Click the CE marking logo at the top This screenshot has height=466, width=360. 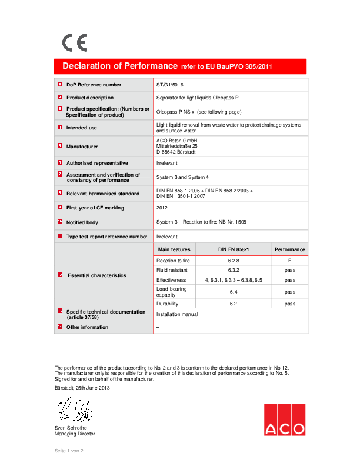[x=75, y=43]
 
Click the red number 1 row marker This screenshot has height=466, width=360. [x=59, y=85]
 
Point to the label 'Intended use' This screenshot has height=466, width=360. [x=82, y=127]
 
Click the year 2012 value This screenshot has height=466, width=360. [x=162, y=208]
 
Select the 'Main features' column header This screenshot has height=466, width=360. [x=174, y=249]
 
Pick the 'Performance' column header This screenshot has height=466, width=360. [x=289, y=249]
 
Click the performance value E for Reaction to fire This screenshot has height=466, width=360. [x=289, y=259]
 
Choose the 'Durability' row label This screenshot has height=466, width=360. [x=167, y=304]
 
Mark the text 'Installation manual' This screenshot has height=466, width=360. [x=177, y=314]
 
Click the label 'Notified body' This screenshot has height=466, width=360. [x=82, y=222]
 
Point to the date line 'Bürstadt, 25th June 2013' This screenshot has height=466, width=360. [x=82, y=388]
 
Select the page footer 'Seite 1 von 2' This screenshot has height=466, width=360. [x=69, y=450]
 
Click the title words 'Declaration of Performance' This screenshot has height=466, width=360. [x=120, y=66]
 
